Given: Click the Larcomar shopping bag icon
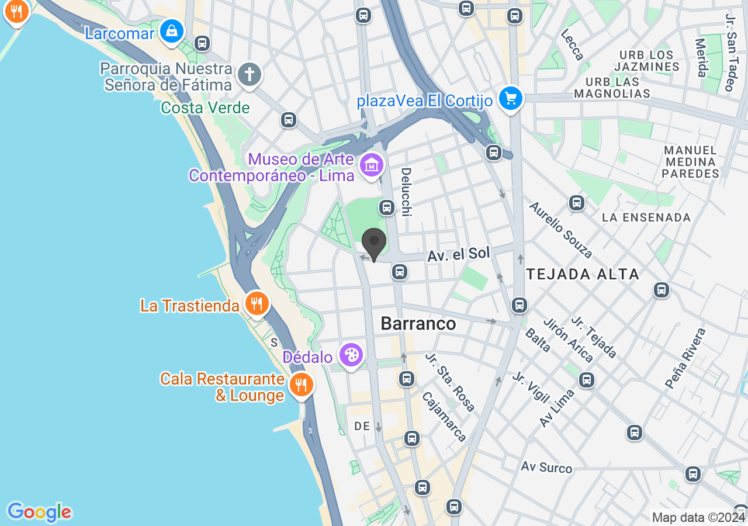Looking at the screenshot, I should point(172,31).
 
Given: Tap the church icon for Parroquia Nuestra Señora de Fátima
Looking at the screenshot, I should point(250,75).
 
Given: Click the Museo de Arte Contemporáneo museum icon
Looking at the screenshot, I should point(372,165).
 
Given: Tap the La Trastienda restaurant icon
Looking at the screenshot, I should point(256,303).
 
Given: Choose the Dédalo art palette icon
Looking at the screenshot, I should point(351,355).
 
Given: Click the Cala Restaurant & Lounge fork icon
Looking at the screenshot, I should point(301,385).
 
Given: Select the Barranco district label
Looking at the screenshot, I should point(418,324).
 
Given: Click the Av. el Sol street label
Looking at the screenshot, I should point(458,255).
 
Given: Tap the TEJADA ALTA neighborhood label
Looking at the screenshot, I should point(583,274).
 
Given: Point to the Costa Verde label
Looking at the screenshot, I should point(205,108).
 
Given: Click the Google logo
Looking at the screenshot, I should point(39,512).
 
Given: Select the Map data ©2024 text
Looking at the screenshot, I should point(698,517).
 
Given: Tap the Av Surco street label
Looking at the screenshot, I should point(546,468).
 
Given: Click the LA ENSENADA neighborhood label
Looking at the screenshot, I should point(646,217).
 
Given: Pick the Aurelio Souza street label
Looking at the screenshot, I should point(561,230).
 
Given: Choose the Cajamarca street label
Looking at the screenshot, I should point(445,416).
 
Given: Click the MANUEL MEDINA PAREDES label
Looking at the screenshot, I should point(691,162).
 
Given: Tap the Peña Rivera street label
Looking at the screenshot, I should point(685,358).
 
